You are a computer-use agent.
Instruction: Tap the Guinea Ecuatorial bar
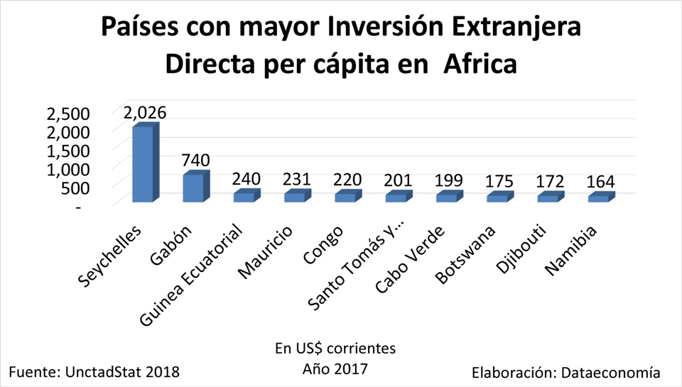point(247,196)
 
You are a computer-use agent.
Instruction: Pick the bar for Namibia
point(601,197)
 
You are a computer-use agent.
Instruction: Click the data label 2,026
point(145,113)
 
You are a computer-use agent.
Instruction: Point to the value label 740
point(196,160)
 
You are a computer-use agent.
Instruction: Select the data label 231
point(297,179)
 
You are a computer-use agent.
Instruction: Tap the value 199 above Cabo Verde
point(449,180)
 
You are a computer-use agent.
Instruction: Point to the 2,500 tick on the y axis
point(68,114)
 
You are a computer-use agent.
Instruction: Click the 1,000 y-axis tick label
point(68,169)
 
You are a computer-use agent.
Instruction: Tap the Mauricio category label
point(266,252)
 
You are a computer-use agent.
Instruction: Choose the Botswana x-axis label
point(465,255)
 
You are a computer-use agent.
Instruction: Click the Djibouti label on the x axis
point(521,249)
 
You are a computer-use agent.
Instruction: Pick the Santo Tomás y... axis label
point(355,266)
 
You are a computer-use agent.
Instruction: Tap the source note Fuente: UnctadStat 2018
point(94,372)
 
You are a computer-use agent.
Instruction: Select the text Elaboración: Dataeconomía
point(566,373)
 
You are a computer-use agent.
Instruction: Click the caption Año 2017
point(335,369)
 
